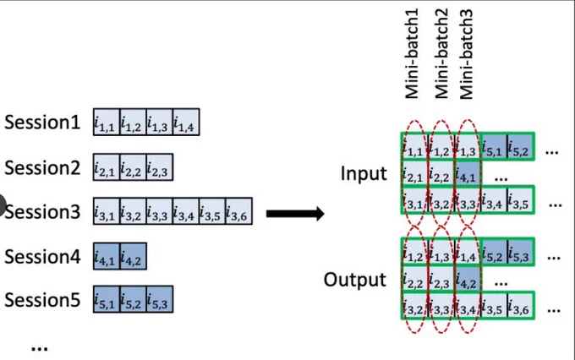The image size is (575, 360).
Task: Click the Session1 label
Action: (42, 122)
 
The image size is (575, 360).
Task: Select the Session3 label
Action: (42, 212)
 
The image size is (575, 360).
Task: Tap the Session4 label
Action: (42, 256)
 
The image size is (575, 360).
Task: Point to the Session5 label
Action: (42, 299)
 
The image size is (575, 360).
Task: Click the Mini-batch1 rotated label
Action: (412, 54)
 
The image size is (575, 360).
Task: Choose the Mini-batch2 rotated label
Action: (441, 54)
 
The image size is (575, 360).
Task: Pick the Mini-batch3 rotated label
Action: (466, 54)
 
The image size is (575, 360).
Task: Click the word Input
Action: (364, 173)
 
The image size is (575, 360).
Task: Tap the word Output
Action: (354, 280)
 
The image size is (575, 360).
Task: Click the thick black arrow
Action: (295, 213)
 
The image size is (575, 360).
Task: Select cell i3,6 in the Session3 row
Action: (238, 211)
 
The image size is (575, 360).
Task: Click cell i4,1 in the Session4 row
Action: (107, 256)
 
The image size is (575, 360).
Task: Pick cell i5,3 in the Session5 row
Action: (160, 299)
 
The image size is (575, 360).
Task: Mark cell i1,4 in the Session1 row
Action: (186, 122)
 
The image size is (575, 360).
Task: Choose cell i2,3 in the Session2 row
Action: (160, 167)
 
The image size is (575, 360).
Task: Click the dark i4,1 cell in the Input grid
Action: (468, 173)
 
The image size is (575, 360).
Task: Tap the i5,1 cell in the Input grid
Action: (494, 147)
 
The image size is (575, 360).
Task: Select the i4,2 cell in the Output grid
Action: (468, 279)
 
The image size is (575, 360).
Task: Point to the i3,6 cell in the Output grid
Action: (520, 306)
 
